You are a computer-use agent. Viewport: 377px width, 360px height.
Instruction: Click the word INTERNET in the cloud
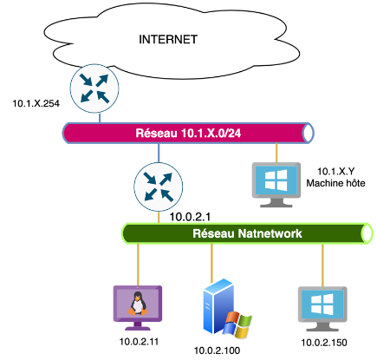pos(168,40)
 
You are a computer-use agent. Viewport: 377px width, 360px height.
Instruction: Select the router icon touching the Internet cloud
pos(94,88)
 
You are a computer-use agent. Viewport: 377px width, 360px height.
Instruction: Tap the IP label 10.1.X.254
pos(36,103)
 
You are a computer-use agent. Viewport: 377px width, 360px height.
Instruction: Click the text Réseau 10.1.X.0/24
pos(188,133)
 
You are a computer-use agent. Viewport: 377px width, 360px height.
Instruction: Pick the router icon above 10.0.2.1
pos(159,187)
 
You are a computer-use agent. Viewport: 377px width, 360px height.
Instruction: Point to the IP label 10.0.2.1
pos(190,217)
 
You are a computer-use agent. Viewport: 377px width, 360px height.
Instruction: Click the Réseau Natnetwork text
pos(247,233)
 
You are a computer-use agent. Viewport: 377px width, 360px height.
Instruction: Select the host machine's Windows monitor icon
pos(276,185)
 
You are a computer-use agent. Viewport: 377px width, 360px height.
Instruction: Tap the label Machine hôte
pos(335,183)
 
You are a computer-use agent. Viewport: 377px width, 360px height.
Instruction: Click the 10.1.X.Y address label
pos(335,172)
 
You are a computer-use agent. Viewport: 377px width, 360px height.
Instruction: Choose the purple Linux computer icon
pos(138,308)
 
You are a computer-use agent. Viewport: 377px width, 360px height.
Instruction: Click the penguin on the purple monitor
pos(138,304)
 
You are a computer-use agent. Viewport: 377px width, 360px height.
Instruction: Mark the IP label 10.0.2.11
pos(139,342)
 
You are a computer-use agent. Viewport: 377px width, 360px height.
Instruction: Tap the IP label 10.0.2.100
pos(217,350)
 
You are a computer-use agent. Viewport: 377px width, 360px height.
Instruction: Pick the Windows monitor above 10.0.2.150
pos(322,309)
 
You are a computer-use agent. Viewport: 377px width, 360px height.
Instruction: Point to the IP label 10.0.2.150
pos(324,343)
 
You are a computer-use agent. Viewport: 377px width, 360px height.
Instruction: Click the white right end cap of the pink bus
pos(308,133)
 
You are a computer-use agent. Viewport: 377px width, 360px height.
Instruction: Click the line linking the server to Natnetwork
pos(211,263)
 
